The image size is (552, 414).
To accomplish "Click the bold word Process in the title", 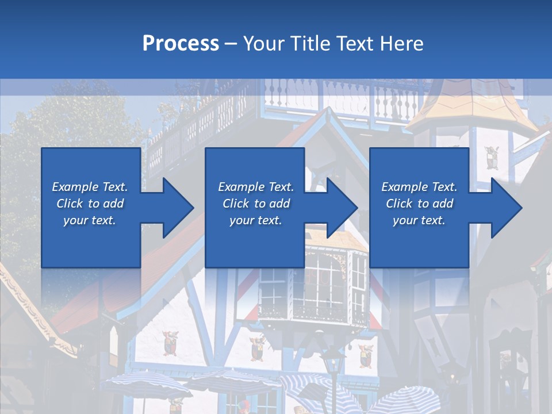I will point(181,43).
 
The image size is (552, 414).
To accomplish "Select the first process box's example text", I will point(90,203).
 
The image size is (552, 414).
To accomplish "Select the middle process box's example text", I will point(255,203).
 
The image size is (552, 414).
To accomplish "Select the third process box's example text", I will point(419,203).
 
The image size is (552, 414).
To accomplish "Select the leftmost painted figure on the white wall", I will point(170,343).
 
